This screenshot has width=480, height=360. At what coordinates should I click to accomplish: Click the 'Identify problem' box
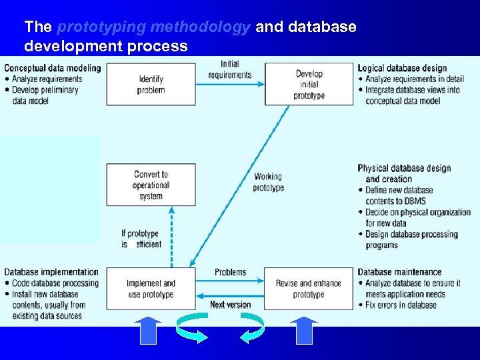point(151,84)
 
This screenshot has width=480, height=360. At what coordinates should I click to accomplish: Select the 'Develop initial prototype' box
point(309,84)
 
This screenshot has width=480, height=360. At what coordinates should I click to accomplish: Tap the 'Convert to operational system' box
point(151,185)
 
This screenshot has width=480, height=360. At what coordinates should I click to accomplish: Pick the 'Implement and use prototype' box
point(151,289)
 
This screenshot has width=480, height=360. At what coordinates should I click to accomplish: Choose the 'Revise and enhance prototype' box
point(308,289)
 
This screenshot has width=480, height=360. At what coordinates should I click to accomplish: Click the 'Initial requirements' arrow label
point(230,69)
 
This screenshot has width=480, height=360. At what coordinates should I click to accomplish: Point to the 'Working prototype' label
point(268,182)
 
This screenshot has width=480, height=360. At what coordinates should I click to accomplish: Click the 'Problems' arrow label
point(230,272)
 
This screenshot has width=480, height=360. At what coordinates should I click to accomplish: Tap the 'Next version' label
point(230,305)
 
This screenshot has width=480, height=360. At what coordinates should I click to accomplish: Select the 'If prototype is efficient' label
point(141,239)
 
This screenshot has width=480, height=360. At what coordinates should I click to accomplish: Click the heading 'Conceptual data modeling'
point(53,68)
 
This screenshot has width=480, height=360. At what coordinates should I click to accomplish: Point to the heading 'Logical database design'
point(402,68)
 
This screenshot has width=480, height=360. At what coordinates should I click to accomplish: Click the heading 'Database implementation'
point(51,272)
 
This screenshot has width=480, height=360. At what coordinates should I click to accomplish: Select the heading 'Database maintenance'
point(399,272)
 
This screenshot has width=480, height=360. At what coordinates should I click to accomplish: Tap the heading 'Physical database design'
point(404,169)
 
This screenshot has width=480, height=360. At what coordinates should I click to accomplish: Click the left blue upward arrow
point(148,330)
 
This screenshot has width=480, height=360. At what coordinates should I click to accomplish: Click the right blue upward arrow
point(304,330)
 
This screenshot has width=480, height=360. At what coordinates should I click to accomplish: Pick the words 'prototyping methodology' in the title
point(154,27)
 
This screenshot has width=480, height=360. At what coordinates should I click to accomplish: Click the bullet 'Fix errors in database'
point(401,305)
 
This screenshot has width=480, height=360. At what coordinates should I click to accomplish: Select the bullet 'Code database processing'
point(55,283)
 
